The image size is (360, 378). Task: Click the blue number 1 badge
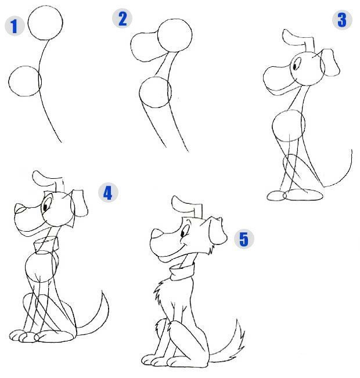coord(15,26)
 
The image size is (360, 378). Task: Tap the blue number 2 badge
coord(123,19)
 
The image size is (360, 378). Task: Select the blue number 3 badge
coord(342,20)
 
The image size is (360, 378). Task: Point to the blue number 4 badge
coord(108,192)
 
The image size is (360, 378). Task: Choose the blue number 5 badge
coord(244,239)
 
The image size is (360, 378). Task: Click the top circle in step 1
coord(45,6)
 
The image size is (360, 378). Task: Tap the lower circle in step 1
coord(25,66)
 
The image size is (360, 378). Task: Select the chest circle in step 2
coord(155,77)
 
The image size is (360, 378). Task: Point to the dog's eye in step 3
coord(295,65)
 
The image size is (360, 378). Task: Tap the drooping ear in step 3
coord(331,62)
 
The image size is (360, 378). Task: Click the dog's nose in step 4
coord(20,208)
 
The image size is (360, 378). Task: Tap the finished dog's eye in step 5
coord(183,232)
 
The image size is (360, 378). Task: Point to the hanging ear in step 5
coord(218,231)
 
